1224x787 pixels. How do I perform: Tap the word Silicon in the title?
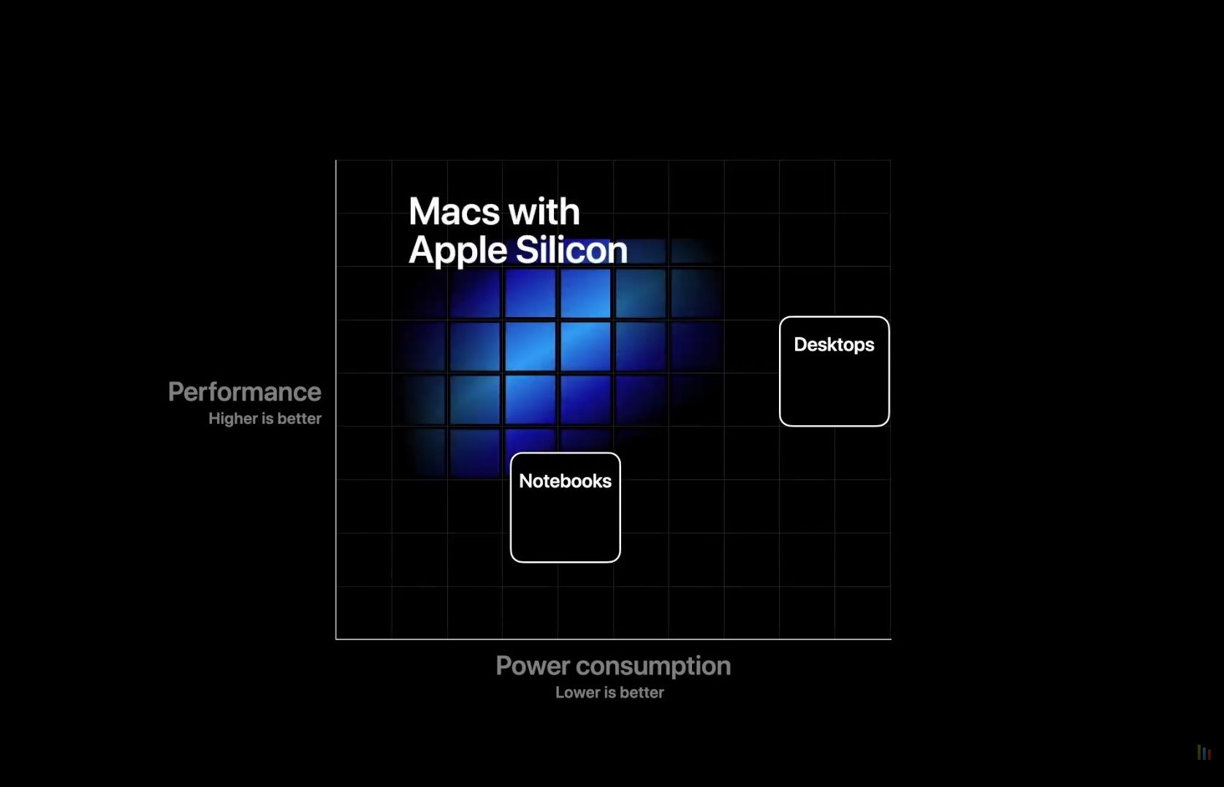click(x=571, y=251)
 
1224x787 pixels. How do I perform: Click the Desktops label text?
click(x=834, y=345)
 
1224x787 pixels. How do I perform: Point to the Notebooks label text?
click(x=565, y=481)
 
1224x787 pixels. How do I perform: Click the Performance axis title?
click(x=244, y=392)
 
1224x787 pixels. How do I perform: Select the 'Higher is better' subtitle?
click(x=265, y=419)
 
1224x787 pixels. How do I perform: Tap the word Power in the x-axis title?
click(x=533, y=666)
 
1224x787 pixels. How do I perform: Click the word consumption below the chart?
click(x=653, y=666)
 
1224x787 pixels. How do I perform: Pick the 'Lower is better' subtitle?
click(x=609, y=693)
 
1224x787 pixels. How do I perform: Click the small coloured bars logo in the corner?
click(x=1204, y=753)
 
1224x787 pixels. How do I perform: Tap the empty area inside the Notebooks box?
click(x=565, y=525)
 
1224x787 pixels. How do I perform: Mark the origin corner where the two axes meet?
click(x=336, y=639)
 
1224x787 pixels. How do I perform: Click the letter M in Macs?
click(x=423, y=211)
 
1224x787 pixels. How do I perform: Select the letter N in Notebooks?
click(x=525, y=481)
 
